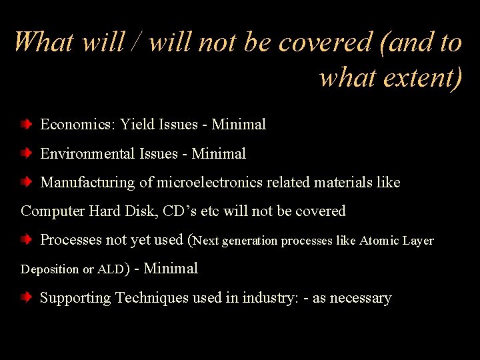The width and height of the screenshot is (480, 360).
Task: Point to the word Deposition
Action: [50, 270]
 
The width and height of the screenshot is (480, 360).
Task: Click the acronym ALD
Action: [110, 270]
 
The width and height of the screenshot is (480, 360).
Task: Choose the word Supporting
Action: [76, 299]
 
